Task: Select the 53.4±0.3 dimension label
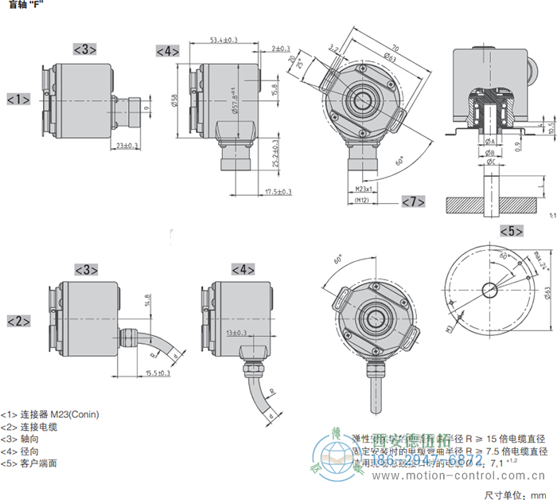point(225,40)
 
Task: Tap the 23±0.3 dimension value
point(127,146)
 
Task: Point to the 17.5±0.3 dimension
point(278,192)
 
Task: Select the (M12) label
point(363,201)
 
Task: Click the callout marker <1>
point(18,100)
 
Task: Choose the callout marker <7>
point(414,201)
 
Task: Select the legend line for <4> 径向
point(23,451)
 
